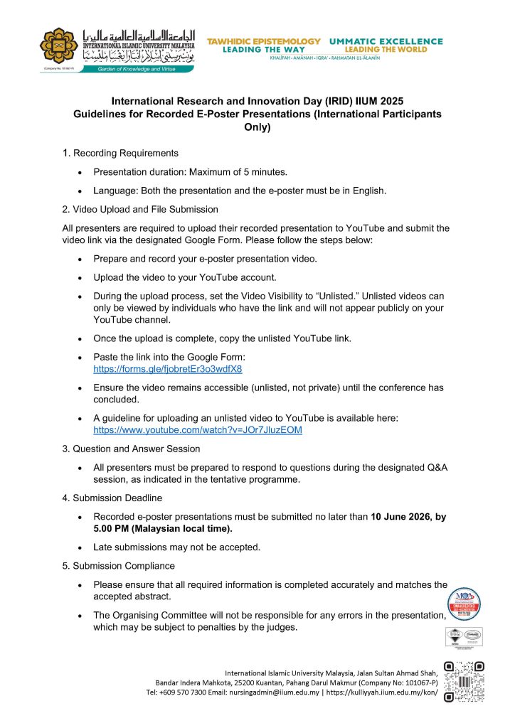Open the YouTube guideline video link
click(x=198, y=431)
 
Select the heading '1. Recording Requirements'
click(x=120, y=153)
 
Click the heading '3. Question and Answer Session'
click(x=132, y=449)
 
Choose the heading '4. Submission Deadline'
click(x=112, y=498)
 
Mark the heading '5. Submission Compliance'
click(x=119, y=566)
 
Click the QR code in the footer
click(x=463, y=682)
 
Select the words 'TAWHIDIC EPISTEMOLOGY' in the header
click(x=264, y=42)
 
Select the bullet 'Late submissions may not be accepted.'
click(x=177, y=547)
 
